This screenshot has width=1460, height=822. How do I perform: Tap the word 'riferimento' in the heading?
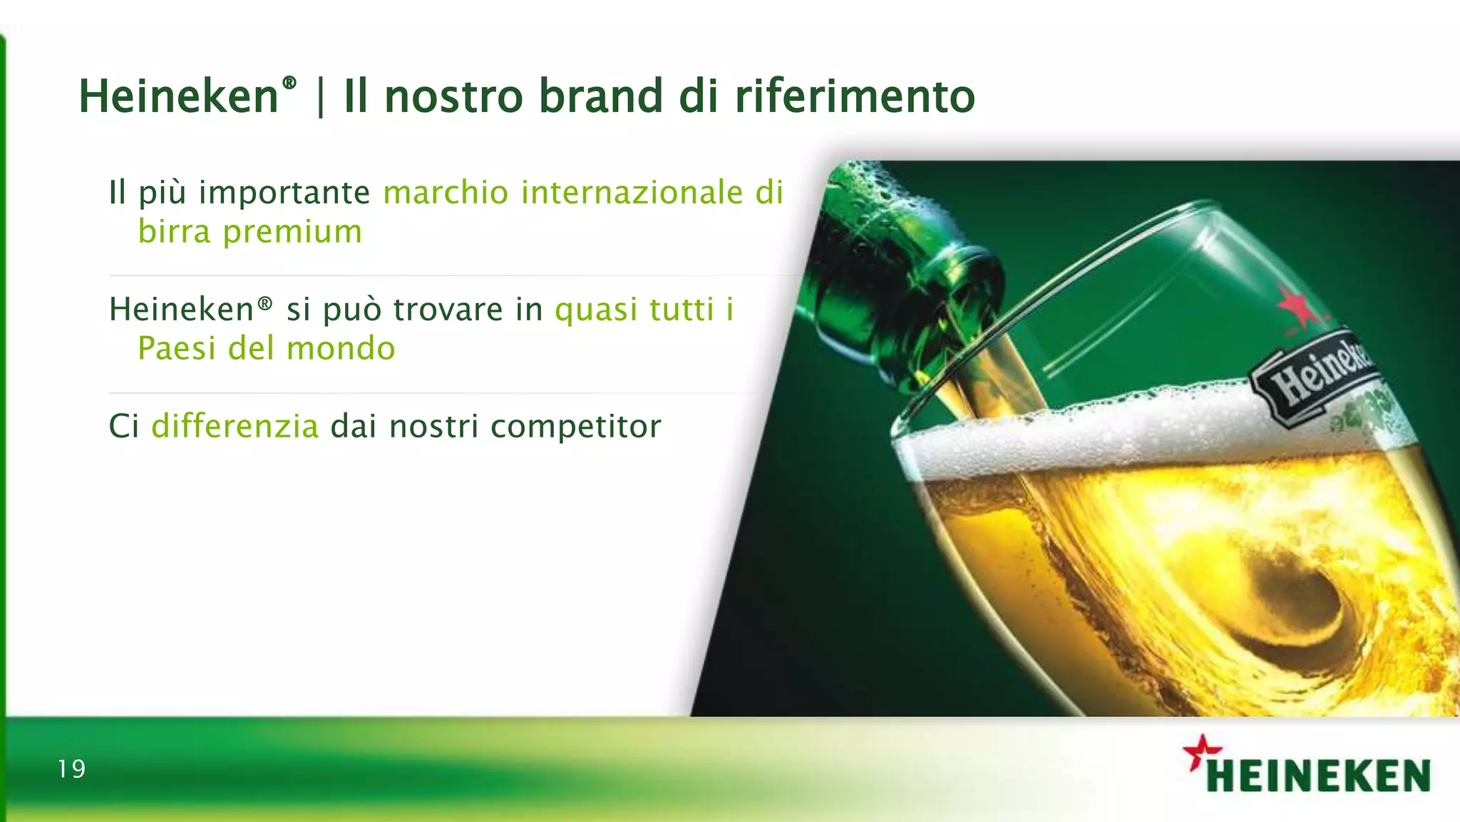(855, 96)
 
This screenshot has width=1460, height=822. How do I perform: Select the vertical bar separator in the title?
(320, 98)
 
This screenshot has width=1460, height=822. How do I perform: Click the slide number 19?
(71, 769)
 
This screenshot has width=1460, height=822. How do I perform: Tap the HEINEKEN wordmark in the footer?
(1319, 776)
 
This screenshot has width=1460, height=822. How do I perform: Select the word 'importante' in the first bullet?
(284, 193)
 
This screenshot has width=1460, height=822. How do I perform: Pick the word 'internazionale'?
(632, 193)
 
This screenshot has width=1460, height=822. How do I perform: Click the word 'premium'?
(292, 232)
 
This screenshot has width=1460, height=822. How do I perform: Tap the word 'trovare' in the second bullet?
(448, 310)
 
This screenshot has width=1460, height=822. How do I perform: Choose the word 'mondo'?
(341, 349)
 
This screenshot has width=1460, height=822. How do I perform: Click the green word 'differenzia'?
(235, 427)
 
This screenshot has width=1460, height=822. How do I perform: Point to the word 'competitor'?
(576, 427)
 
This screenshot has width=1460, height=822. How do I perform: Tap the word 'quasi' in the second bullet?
(596, 310)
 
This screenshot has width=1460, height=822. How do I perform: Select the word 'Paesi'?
(176, 349)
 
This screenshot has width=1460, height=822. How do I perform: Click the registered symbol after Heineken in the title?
(289, 83)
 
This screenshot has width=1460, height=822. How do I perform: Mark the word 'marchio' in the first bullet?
(446, 193)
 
